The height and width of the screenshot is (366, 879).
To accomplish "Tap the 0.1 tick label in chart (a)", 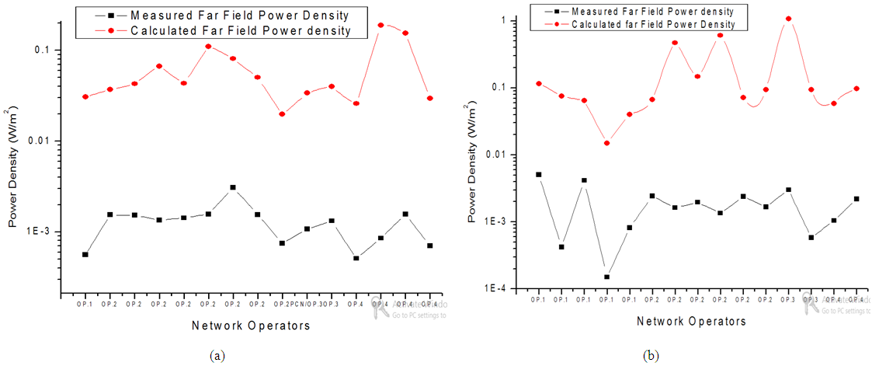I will (48, 50).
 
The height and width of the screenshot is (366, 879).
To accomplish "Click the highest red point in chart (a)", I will (380, 25).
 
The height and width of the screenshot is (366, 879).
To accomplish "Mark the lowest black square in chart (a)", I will (356, 258).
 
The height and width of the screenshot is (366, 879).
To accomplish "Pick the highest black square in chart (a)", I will (232, 187).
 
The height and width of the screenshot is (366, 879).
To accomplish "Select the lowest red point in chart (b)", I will (606, 143).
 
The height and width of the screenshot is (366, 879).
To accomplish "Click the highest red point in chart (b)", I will (788, 19).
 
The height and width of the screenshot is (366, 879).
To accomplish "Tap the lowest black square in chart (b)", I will (606, 277).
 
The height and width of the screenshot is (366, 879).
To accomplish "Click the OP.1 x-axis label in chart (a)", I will (85, 305).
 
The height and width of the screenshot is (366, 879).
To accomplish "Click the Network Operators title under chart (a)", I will (251, 326).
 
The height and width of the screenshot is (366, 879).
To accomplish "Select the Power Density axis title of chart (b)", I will (474, 163).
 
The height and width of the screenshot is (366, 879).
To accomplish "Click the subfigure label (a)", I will (217, 356).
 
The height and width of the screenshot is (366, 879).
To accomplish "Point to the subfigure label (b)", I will (651, 356).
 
